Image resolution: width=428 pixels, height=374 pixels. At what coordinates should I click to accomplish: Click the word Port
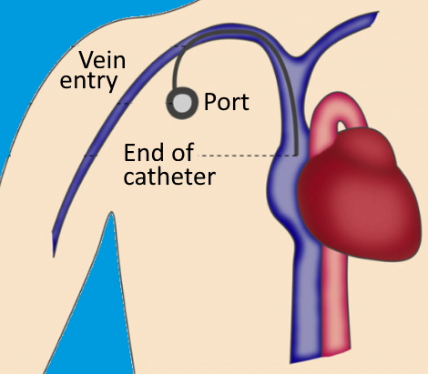pyautogui.click(x=227, y=102)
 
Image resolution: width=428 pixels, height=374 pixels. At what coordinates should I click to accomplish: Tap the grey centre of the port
pyautogui.click(x=182, y=103)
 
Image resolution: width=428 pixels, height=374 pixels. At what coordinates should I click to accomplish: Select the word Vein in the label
pyautogui.click(x=102, y=60)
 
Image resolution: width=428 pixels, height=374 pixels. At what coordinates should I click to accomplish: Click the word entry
pyautogui.click(x=88, y=80)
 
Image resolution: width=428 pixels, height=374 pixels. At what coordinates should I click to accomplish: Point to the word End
pyautogui.click(x=144, y=153)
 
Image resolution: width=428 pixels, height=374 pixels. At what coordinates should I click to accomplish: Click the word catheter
pyautogui.click(x=169, y=177)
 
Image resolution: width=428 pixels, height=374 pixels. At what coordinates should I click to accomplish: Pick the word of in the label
pyautogui.click(x=183, y=152)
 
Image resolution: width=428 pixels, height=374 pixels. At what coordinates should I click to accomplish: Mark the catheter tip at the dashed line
pyautogui.click(x=295, y=155)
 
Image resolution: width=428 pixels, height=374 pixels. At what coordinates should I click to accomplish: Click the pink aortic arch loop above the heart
pyautogui.click(x=340, y=113)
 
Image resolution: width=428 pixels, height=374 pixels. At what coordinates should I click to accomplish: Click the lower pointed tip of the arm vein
pyautogui.click(x=54, y=257)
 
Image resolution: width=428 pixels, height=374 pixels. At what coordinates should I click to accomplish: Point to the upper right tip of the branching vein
pyautogui.click(x=378, y=13)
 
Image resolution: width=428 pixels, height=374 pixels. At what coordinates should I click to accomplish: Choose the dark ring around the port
pyautogui.click(x=182, y=89)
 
